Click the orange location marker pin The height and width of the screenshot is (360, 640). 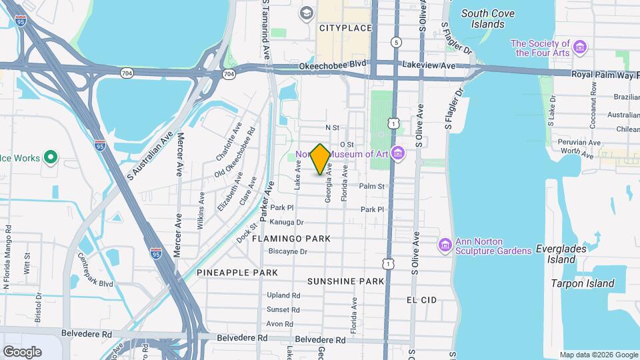[321, 159]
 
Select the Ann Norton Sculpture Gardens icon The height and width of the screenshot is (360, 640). [445, 245]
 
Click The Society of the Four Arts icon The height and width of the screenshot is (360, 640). [581, 47]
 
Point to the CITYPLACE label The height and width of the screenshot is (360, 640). [345, 28]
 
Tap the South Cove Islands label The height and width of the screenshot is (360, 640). [492, 19]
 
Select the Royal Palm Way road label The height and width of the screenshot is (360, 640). [601, 75]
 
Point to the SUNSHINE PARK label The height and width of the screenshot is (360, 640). [346, 281]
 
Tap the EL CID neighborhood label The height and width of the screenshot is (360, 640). [421, 300]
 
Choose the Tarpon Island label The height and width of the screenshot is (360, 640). [582, 283]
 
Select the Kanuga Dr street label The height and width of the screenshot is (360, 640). [287, 222]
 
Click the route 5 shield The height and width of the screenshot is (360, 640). [397, 42]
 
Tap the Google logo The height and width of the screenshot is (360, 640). [22, 351]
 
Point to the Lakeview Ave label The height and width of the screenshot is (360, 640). [429, 65]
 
